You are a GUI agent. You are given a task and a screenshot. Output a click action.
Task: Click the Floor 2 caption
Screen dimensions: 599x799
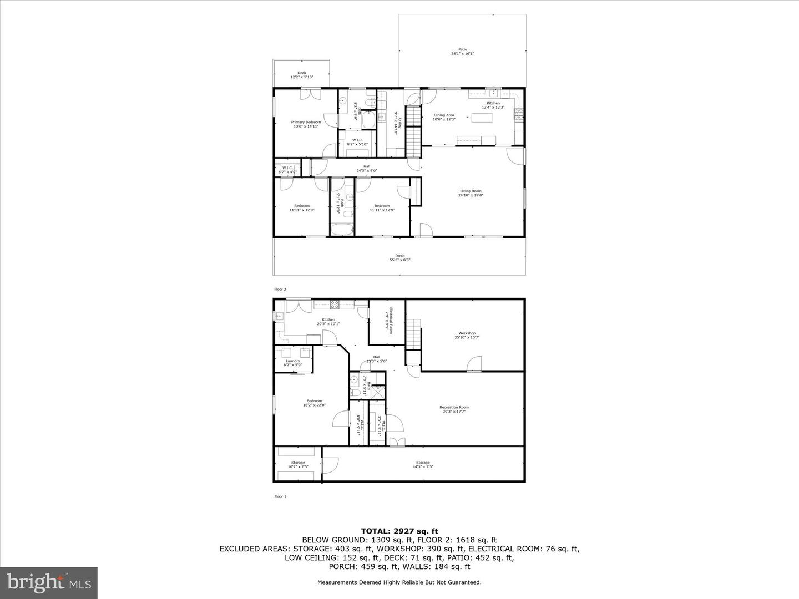(x=280, y=289)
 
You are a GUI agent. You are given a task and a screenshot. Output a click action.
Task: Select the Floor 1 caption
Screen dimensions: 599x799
(x=280, y=496)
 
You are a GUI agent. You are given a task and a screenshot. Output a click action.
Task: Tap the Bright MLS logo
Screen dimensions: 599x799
(x=49, y=582)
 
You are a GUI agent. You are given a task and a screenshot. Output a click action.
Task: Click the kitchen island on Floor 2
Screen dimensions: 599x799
(x=482, y=117)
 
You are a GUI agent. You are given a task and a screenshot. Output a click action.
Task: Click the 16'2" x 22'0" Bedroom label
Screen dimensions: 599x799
(x=314, y=403)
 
